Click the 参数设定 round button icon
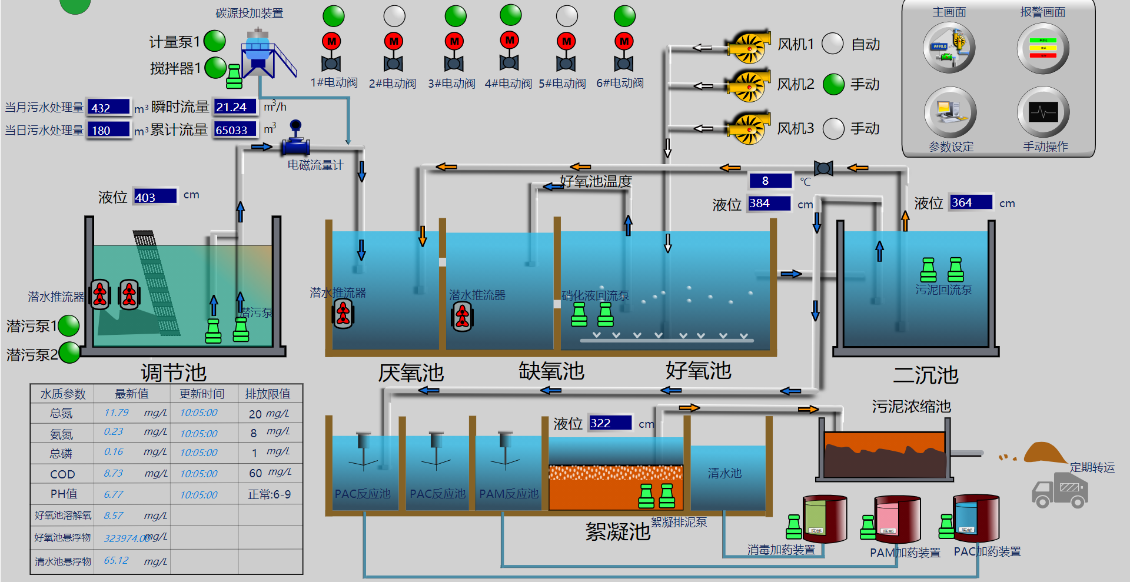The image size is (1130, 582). [x=950, y=112]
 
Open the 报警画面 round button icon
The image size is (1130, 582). [x=1043, y=48]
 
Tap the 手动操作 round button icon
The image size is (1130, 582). [x=1043, y=112]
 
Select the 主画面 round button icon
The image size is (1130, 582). [x=949, y=48]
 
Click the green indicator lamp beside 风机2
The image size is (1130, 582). [x=833, y=84]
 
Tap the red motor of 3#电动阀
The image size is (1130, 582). [x=454, y=41]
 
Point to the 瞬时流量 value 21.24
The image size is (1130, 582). [x=234, y=107]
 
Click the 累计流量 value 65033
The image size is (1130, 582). [x=234, y=129]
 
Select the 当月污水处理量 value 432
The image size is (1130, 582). [x=108, y=107]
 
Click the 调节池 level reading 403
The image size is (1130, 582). [x=155, y=197]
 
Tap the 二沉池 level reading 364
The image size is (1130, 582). [x=970, y=202]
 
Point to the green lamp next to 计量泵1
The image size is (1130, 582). [x=215, y=41]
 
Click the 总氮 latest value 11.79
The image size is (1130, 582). [x=117, y=413]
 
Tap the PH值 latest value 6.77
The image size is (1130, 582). [x=114, y=494]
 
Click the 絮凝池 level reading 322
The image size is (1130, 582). [x=609, y=423]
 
